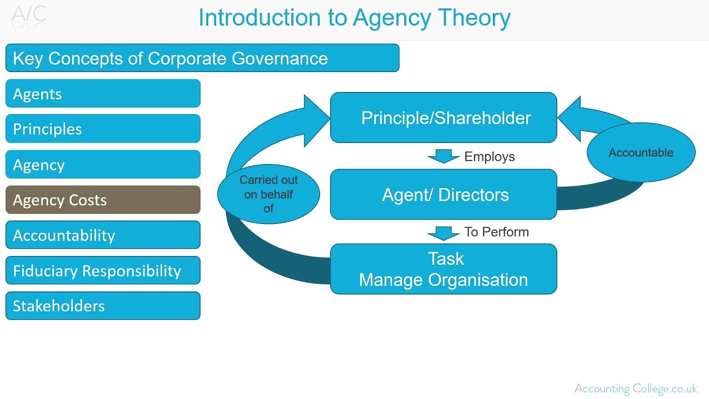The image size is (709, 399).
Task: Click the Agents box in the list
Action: [x=103, y=94]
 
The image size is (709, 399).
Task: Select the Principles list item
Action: [x=103, y=129]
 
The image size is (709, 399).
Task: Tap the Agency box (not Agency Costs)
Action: [x=103, y=165]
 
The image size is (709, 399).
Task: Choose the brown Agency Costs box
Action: [x=103, y=200]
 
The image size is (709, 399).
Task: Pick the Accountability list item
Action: [x=103, y=235]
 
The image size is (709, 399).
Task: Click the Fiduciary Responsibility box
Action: [x=103, y=270]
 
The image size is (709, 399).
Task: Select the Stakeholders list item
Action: [x=103, y=306]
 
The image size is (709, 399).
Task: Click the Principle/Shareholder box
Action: [x=444, y=117]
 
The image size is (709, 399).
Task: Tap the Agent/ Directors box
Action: [x=444, y=195]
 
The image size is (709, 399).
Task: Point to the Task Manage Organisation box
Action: [x=444, y=269]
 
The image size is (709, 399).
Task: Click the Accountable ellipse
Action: [x=641, y=152]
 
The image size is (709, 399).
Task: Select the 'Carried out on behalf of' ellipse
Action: [x=269, y=194]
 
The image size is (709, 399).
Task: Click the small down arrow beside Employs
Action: [x=444, y=156]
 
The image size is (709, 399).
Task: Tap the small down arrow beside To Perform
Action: [x=444, y=233]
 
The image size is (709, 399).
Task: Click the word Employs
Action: [x=489, y=157]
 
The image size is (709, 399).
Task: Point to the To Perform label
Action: [x=496, y=232]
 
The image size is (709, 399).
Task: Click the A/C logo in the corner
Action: [x=29, y=16]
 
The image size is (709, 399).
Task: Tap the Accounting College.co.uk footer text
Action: [x=635, y=388]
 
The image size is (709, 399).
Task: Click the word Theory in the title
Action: [x=475, y=18]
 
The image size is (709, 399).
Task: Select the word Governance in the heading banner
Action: [x=280, y=59]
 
